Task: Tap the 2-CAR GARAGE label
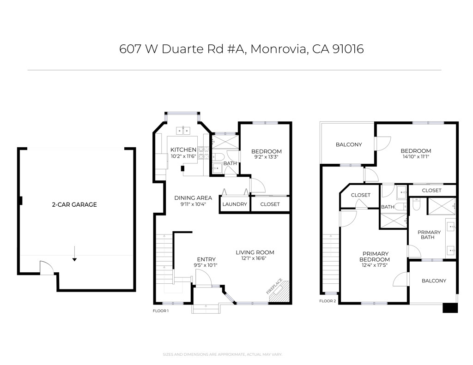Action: pos(74,204)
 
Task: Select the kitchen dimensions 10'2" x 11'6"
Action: pos(183,156)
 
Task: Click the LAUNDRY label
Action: pos(235,204)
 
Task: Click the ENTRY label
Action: pos(206,259)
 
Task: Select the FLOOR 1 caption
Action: pos(161,311)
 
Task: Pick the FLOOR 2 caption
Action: pos(327,301)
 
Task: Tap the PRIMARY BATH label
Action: pos(429,235)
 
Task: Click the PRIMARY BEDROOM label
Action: pos(375,257)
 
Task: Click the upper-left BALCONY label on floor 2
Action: pos(349,144)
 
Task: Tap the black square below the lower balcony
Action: pos(449,308)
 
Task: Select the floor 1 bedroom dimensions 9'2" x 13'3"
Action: pos(266,157)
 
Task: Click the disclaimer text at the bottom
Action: pos(222,354)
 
